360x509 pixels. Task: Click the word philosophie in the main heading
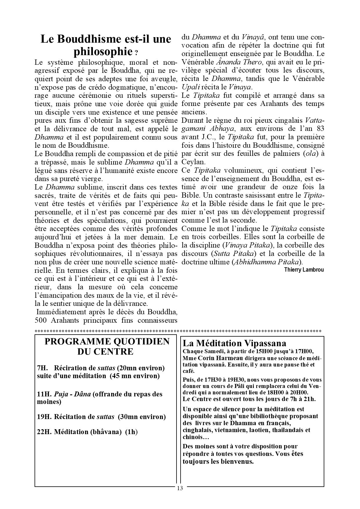pos(103,52)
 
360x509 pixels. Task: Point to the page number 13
pos(180,488)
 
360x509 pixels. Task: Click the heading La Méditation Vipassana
pos(234,343)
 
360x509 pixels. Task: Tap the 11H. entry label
pos(44,394)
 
